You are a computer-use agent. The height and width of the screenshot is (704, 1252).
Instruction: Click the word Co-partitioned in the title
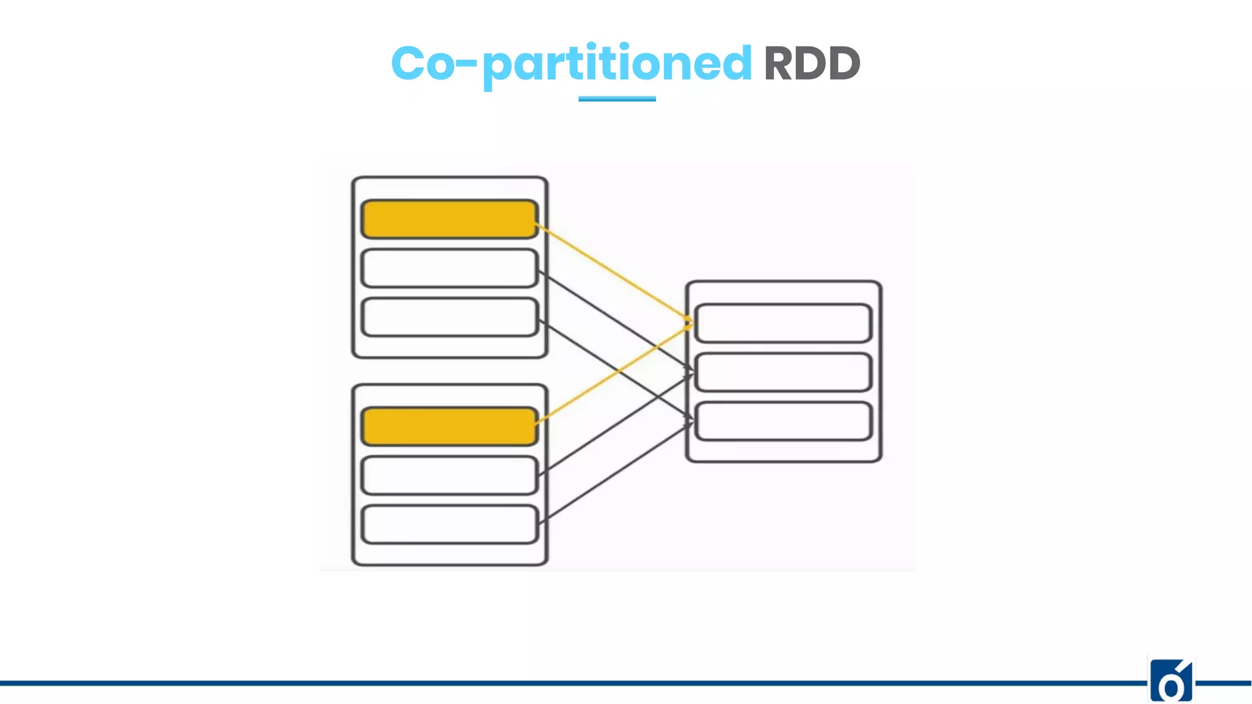pyautogui.click(x=571, y=64)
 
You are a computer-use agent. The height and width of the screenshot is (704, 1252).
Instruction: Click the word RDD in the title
pyautogui.click(x=812, y=64)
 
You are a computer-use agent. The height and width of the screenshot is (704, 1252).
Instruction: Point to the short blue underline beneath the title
pyautogui.click(x=617, y=98)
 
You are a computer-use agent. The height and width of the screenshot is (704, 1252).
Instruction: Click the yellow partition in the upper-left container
pyautogui.click(x=449, y=219)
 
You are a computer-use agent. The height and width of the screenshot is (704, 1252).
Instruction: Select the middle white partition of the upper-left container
pyautogui.click(x=449, y=268)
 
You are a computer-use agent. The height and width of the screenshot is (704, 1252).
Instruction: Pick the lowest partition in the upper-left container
pyautogui.click(x=449, y=317)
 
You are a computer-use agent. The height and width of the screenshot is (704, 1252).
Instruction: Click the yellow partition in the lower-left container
pyautogui.click(x=449, y=426)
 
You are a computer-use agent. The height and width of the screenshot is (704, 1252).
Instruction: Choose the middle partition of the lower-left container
pyautogui.click(x=449, y=475)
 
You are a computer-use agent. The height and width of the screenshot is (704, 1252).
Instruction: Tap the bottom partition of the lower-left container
pyautogui.click(x=449, y=524)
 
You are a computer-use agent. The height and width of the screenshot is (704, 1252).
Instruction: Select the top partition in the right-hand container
pyautogui.click(x=783, y=323)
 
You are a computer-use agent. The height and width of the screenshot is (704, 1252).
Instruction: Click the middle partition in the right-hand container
pyautogui.click(x=783, y=372)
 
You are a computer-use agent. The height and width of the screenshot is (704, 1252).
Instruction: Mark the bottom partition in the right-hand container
pyautogui.click(x=783, y=420)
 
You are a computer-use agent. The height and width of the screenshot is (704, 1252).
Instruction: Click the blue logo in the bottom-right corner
pyautogui.click(x=1171, y=680)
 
